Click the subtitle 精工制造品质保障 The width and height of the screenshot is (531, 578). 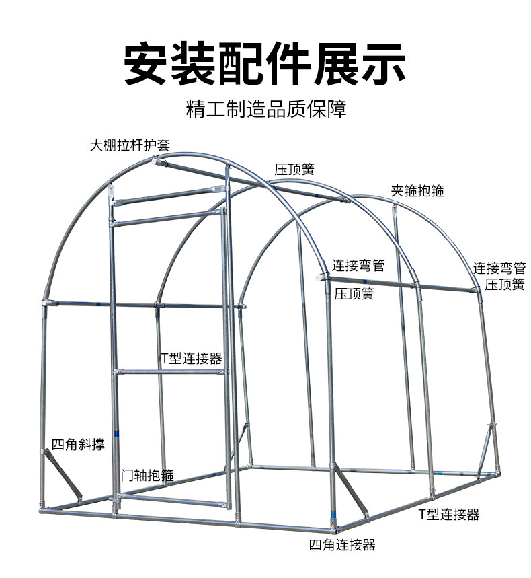click(x=266, y=108)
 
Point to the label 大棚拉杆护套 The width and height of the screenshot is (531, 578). click(x=130, y=145)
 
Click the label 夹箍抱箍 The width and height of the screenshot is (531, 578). click(x=417, y=190)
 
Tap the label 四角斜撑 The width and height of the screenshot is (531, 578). click(x=78, y=444)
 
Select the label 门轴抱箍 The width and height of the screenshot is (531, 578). click(x=147, y=475)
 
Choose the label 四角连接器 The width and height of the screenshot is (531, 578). click(x=342, y=545)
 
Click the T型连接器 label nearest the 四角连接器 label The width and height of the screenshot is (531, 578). click(x=449, y=515)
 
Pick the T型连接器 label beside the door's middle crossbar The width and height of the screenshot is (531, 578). click(x=192, y=358)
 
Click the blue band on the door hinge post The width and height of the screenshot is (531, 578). click(x=117, y=433)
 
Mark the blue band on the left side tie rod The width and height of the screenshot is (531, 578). click(x=98, y=305)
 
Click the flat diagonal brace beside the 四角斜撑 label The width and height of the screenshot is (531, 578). click(x=62, y=475)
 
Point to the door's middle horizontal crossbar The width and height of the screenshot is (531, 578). click(x=171, y=372)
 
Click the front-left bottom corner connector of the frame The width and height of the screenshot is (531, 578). click(x=43, y=511)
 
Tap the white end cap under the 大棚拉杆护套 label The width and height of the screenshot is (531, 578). click(x=156, y=161)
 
